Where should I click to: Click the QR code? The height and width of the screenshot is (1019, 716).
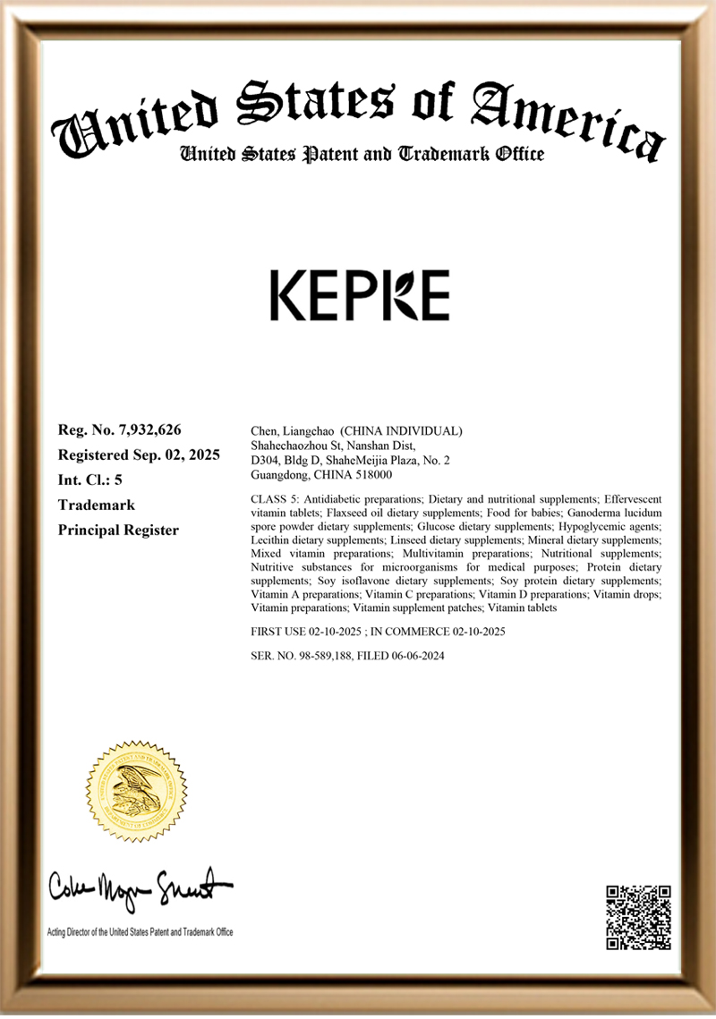(638, 917)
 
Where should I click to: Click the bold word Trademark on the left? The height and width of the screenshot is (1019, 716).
(97, 505)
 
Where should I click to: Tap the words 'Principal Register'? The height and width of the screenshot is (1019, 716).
(118, 530)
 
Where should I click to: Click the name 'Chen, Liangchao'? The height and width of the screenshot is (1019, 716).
(288, 431)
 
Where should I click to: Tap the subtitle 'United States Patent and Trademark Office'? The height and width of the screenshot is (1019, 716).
(362, 154)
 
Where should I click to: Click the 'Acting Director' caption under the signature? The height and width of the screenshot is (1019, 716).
(140, 932)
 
